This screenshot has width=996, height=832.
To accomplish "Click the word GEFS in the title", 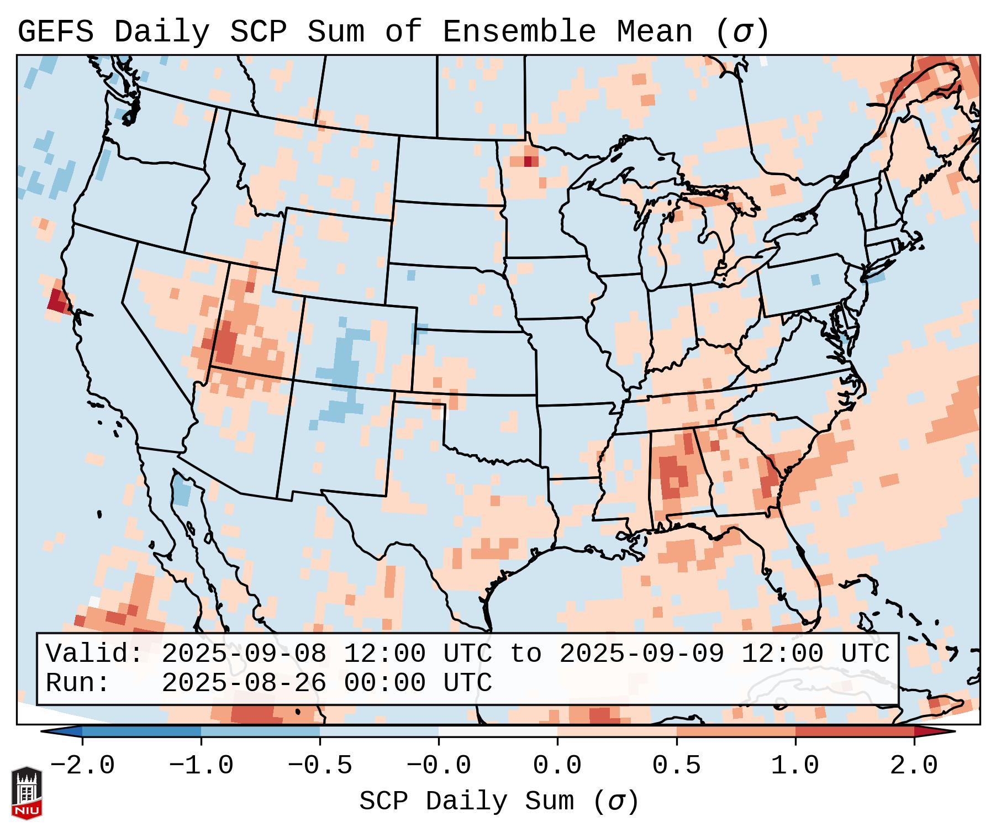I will point(56,32).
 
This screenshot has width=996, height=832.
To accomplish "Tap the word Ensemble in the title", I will point(519,32).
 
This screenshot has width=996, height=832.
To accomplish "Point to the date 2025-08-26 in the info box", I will point(244,683).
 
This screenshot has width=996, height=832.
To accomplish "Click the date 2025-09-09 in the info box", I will point(641,654).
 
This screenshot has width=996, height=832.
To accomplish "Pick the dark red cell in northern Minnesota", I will point(528,161).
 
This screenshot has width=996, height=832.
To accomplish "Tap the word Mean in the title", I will point(655,32).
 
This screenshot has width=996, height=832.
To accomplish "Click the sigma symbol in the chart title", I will point(742,32).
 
